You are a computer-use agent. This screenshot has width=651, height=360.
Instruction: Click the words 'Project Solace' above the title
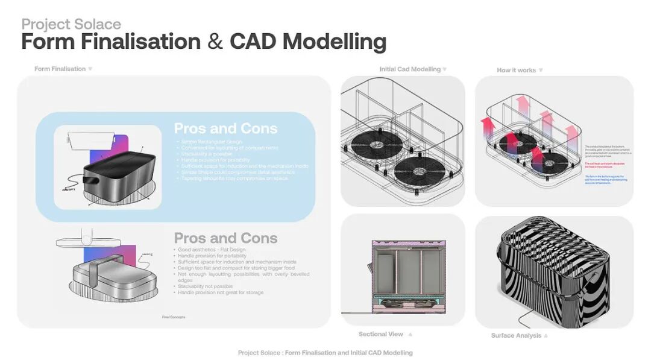(x=71, y=24)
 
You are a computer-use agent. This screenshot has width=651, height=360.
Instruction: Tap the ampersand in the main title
(x=215, y=42)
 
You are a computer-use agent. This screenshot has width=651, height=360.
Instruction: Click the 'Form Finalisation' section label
(x=60, y=69)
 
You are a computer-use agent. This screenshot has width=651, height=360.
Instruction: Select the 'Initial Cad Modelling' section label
(x=410, y=69)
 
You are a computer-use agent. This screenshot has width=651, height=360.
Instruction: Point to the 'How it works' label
(x=516, y=70)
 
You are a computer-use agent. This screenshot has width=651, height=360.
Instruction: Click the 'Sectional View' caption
(x=380, y=334)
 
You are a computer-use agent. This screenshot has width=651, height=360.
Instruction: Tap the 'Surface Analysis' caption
(x=515, y=335)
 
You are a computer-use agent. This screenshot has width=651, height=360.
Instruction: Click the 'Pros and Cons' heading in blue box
(x=225, y=128)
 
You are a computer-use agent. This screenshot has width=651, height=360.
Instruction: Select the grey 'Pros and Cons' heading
(x=225, y=238)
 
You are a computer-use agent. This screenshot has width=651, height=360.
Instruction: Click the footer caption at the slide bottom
(x=325, y=353)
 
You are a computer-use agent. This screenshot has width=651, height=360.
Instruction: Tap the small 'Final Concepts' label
(x=174, y=317)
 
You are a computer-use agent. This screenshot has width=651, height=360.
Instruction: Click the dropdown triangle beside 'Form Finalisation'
(x=90, y=69)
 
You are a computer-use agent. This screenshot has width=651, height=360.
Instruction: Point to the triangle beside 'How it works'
(x=541, y=70)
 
